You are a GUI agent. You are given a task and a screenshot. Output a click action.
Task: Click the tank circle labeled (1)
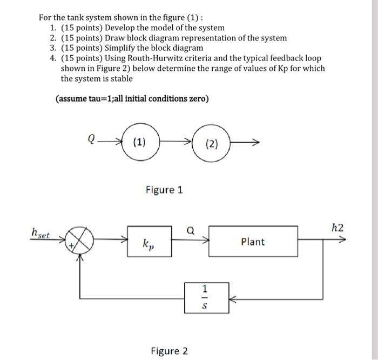click(138, 143)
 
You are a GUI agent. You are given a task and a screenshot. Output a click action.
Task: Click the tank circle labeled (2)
click(212, 144)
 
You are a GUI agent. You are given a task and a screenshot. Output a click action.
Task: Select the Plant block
click(252, 241)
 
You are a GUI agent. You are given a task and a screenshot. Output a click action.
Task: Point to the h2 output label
click(337, 228)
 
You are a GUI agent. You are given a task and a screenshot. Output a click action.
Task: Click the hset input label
click(40, 234)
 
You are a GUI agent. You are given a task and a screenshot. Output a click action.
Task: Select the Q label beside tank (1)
click(91, 139)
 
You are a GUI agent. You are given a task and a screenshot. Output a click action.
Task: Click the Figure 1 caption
click(164, 190)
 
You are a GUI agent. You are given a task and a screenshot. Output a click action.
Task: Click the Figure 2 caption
click(169, 351)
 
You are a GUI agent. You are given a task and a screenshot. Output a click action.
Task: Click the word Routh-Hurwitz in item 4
click(119, 58)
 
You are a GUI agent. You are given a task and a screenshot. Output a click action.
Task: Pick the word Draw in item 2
click(116, 38)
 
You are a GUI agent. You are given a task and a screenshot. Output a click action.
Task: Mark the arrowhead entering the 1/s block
click(231, 297)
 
